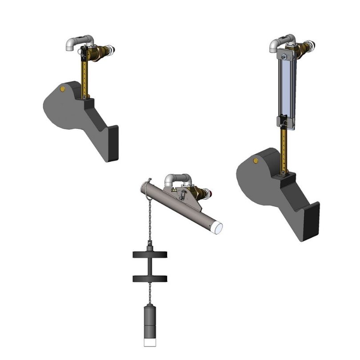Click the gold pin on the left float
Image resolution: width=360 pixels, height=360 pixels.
(x=62, y=89)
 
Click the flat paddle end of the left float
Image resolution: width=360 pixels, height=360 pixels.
(x=112, y=143)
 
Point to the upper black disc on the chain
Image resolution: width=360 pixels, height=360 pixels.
(x=150, y=255)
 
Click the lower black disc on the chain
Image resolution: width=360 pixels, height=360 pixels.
(x=150, y=279)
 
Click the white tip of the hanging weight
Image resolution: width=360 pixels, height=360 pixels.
(x=149, y=343)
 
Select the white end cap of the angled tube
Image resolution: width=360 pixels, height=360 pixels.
(x=218, y=228)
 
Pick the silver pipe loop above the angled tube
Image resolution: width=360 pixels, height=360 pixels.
(x=178, y=179)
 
